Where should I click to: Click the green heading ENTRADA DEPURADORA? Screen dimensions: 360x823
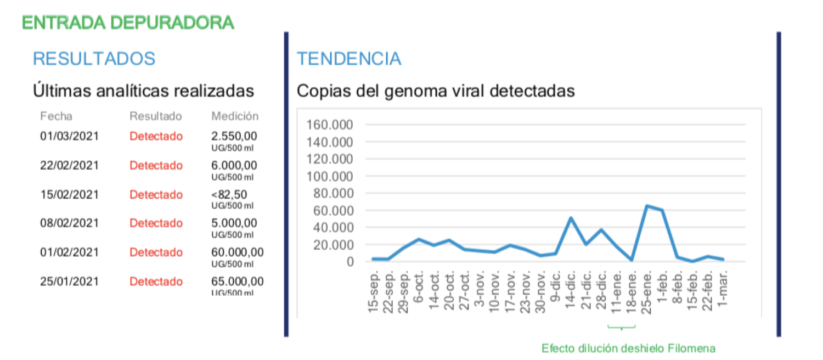tap(128, 22)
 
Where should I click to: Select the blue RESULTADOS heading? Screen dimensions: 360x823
tap(94, 59)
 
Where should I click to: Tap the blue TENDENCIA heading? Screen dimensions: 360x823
tap(349, 59)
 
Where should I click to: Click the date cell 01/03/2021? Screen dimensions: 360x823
tap(69, 136)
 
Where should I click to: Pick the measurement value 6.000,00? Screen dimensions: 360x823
tap(234, 165)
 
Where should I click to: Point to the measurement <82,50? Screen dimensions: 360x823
tap(229, 194)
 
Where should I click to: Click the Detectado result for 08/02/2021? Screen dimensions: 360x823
tap(156, 223)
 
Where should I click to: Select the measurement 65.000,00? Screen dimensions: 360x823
tap(237, 282)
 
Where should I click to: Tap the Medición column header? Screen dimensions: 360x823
tap(235, 116)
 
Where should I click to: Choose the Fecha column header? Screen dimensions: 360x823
tap(56, 116)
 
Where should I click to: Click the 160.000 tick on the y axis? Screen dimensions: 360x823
tap(333, 125)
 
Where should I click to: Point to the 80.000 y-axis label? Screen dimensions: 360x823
tap(336, 193)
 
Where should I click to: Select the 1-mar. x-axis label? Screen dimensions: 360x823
tap(723, 286)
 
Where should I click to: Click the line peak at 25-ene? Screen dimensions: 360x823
tap(647, 206)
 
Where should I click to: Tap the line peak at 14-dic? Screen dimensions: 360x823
tap(571, 218)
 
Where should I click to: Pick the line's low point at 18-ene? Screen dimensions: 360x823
tap(632, 260)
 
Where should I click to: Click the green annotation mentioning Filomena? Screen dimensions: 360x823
tap(628, 348)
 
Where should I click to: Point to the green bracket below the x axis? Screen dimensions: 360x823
tap(621, 328)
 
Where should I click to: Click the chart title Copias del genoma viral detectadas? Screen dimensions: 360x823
tap(436, 91)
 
